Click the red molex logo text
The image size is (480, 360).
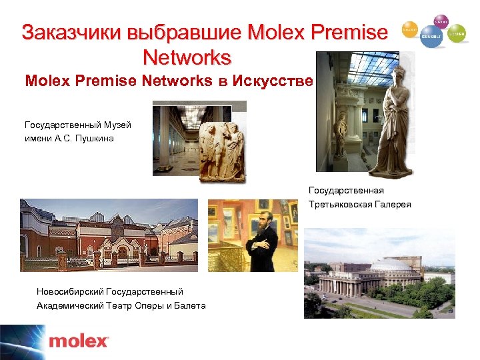[79, 341]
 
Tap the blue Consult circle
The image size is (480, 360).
[431, 39]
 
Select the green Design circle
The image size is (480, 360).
[457, 33]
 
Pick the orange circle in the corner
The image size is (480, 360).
[409, 30]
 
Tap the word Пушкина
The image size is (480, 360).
[97, 138]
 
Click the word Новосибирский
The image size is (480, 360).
[71, 291]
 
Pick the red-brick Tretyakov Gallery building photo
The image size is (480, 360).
[109, 234]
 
